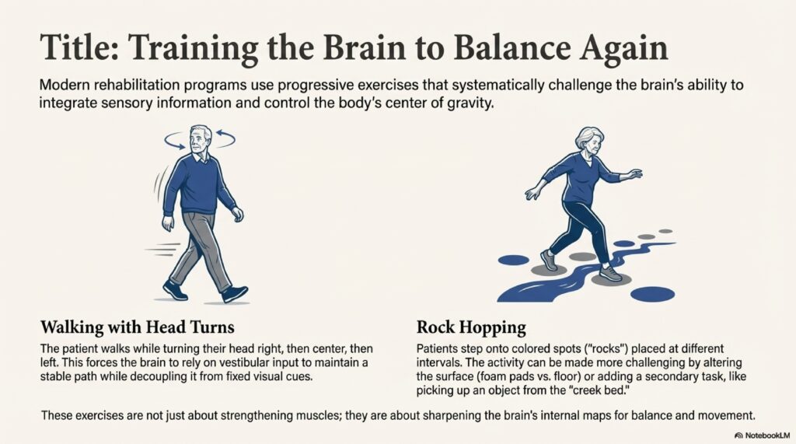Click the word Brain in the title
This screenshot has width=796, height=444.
coord(365,47)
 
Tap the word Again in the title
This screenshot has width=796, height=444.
coord(624,49)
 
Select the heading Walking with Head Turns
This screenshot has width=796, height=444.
coord(137,327)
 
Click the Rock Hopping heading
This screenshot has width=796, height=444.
coord(471,327)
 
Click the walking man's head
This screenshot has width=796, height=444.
coord(200,140)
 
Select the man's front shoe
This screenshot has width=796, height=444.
coord(234,294)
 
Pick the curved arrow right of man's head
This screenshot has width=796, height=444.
coord(225,138)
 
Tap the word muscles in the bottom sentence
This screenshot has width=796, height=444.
coord(312,415)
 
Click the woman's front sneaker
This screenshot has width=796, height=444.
coord(610,273)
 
